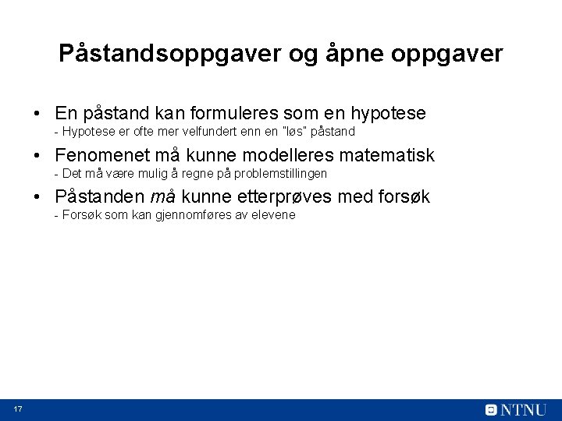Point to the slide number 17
[17, 410]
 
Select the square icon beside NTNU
[491, 410]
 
